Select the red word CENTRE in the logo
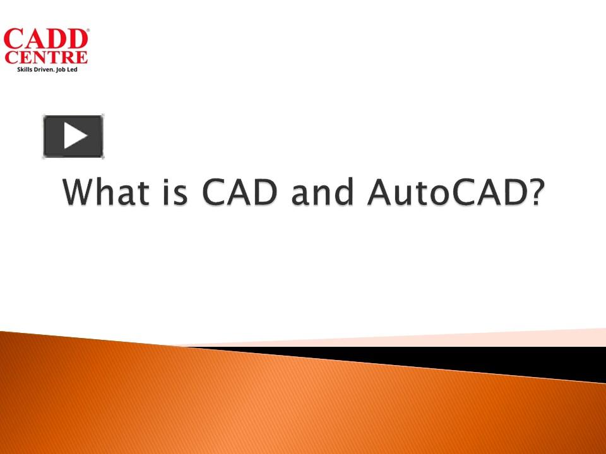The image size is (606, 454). pyautogui.click(x=46, y=58)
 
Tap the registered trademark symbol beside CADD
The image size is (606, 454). pyautogui.click(x=88, y=30)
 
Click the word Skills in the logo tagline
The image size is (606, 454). pyautogui.click(x=26, y=69)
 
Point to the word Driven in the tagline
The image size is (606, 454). pyautogui.click(x=48, y=69)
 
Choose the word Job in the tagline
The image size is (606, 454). pyautogui.click(x=68, y=69)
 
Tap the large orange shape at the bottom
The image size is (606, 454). pyautogui.click(x=252, y=404)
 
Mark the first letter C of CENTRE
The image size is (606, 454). pyautogui.click(x=10, y=58)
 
